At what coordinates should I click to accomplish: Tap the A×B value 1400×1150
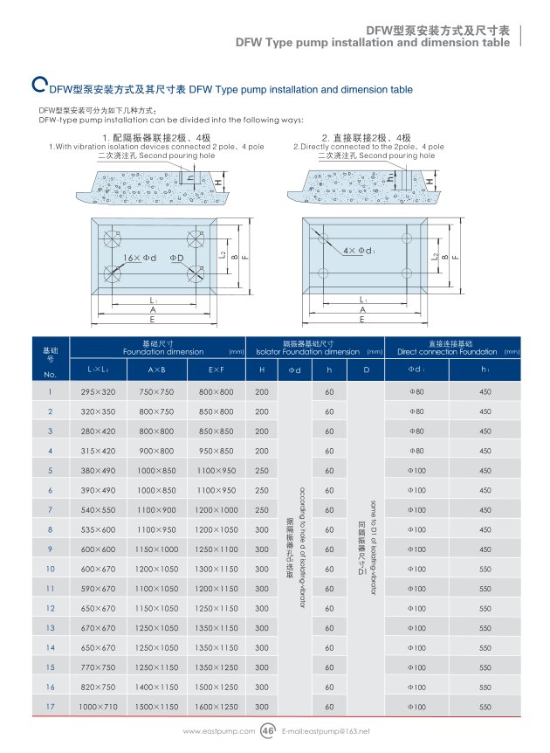click(157, 687)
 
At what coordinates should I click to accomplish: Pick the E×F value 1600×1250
click(217, 706)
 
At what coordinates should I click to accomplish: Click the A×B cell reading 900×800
click(157, 451)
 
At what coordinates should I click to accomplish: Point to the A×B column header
click(157, 370)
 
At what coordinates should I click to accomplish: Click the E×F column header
click(217, 370)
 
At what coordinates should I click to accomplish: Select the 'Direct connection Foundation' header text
click(447, 351)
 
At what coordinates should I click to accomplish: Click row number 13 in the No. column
click(50, 627)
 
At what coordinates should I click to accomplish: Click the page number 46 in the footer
click(268, 730)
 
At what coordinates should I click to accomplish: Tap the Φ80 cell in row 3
click(416, 431)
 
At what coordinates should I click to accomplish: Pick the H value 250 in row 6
click(261, 490)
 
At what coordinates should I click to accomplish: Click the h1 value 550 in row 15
click(485, 667)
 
